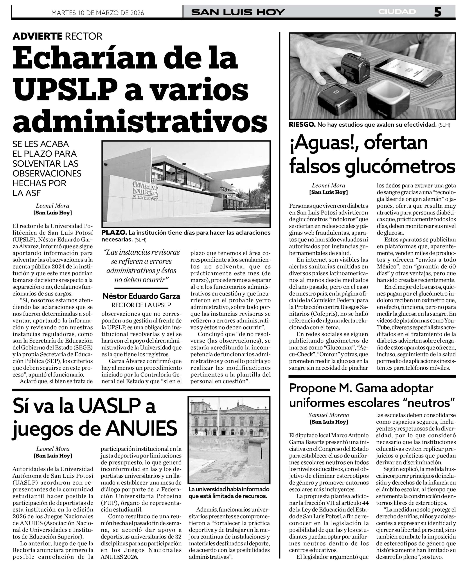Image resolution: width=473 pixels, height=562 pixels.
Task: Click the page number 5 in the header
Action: point(437,12)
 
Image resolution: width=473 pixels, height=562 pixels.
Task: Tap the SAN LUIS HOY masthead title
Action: point(238,12)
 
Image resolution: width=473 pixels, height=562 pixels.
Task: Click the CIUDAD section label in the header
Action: point(397,12)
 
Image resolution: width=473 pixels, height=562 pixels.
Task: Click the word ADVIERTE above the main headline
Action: point(37,36)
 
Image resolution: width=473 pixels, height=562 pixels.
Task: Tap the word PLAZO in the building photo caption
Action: point(114,232)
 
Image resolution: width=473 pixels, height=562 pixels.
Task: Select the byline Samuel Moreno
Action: point(329,415)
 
